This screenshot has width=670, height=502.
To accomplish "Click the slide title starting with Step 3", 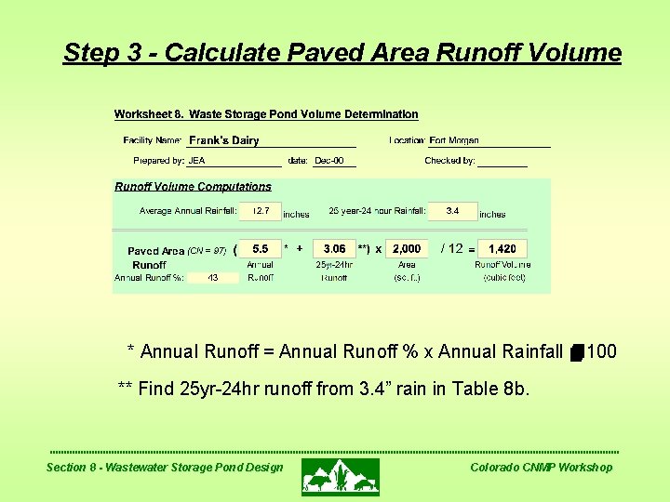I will pyautogui.click(x=342, y=53).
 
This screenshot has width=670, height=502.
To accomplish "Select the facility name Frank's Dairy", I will pyautogui.click(x=223, y=140).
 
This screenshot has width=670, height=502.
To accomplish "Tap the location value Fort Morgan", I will pyautogui.click(x=454, y=140).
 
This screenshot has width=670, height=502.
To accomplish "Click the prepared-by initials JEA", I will pyautogui.click(x=196, y=161).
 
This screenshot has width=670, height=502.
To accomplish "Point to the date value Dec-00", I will pyautogui.click(x=329, y=161).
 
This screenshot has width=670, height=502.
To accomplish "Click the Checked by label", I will pyautogui.click(x=449, y=161).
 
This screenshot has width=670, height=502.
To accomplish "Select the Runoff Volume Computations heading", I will pyautogui.click(x=193, y=187).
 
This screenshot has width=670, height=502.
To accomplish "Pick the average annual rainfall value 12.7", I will pyautogui.click(x=261, y=211).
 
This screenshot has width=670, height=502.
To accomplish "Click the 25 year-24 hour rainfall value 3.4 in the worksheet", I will pyautogui.click(x=452, y=211).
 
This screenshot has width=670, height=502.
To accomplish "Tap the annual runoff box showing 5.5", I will pyautogui.click(x=261, y=249).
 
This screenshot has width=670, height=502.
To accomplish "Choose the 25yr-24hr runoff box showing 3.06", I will pyautogui.click(x=334, y=249).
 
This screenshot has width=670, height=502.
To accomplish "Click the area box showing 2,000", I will pyautogui.click(x=407, y=249).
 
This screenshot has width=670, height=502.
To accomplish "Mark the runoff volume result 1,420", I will pyautogui.click(x=502, y=249).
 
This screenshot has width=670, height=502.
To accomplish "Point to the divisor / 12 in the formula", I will pyautogui.click(x=451, y=248).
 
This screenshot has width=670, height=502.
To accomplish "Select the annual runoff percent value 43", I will pyautogui.click(x=213, y=277).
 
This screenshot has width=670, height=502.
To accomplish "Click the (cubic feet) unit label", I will pyautogui.click(x=503, y=277).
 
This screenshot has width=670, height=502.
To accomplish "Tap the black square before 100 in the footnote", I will pyautogui.click(x=577, y=352).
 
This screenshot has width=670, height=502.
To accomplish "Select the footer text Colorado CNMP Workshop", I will pyautogui.click(x=541, y=467).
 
